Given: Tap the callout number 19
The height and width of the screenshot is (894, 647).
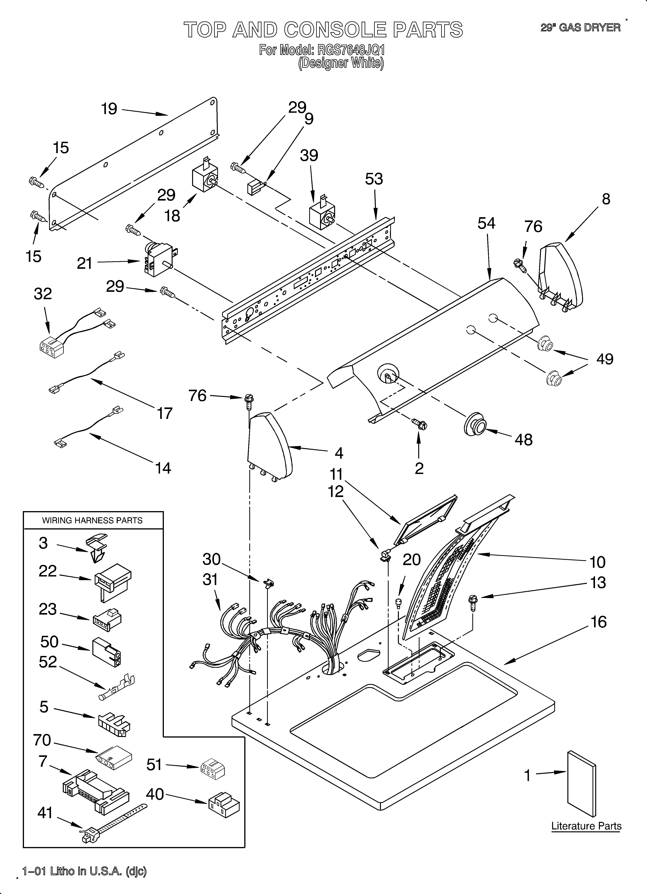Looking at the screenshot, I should pyautogui.click(x=109, y=109).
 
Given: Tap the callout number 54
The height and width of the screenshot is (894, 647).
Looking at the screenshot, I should pyautogui.click(x=486, y=224).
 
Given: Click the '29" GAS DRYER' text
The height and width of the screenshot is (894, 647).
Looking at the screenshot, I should pyautogui.click(x=580, y=28).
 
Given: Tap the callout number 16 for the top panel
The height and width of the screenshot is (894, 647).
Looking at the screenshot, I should pyautogui.click(x=598, y=622).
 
